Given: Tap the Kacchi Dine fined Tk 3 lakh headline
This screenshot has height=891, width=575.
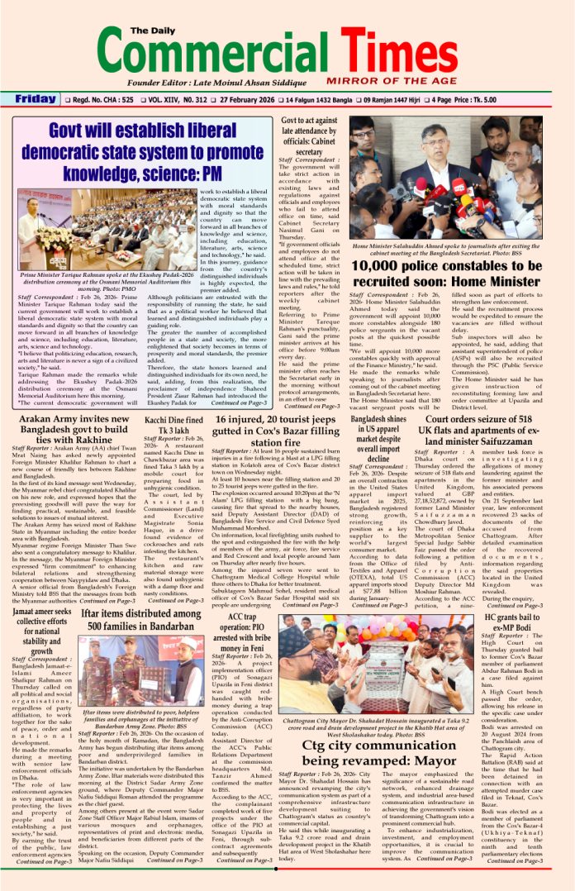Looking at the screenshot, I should [x=168, y=426].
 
